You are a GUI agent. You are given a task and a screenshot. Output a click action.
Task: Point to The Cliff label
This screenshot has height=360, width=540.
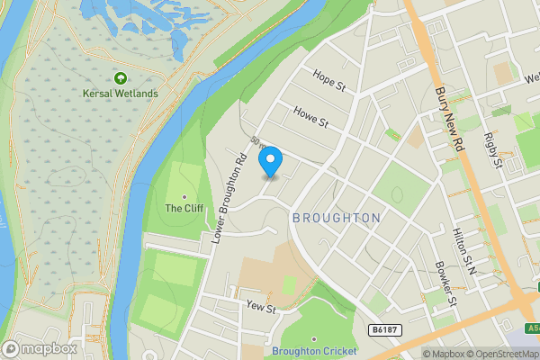click(x=184, y=208)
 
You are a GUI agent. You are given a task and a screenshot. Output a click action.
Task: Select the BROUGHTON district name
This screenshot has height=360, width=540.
click(x=336, y=219)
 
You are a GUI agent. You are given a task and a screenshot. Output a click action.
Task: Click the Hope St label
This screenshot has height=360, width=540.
click(x=328, y=81)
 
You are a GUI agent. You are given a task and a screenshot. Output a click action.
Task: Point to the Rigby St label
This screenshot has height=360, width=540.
click(x=491, y=149)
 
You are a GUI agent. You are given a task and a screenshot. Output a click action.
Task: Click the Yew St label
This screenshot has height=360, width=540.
click(x=260, y=307)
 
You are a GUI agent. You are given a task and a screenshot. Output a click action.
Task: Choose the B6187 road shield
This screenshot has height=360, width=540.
click(x=384, y=330)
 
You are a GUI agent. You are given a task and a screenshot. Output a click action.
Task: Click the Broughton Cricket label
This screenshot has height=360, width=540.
click(x=314, y=351)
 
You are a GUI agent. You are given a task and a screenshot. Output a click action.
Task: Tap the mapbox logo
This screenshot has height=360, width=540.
click(x=40, y=348)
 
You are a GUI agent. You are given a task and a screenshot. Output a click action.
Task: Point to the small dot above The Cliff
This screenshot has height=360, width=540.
click(x=184, y=196)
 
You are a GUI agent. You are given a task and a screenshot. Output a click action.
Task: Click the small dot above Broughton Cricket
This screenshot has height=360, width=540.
click(x=314, y=339)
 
